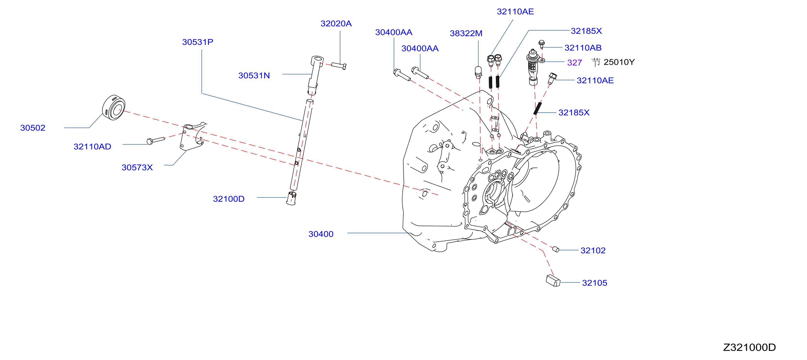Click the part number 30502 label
pyautogui.click(x=33, y=128)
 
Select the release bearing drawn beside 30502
pyautogui.click(x=114, y=107)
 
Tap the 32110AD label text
pyautogui.click(x=92, y=147)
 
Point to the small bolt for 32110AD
pyautogui.click(x=156, y=141)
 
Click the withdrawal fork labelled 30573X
pyautogui.click(x=193, y=136)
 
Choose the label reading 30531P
pyautogui.click(x=198, y=42)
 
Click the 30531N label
pyautogui.click(x=254, y=75)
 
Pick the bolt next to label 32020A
pyautogui.click(x=339, y=66)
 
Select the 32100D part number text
pyautogui.click(x=229, y=199)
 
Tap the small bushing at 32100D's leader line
pyautogui.click(x=291, y=198)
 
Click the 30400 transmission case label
pyautogui.click(x=321, y=234)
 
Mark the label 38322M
pyautogui.click(x=466, y=33)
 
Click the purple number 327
pyautogui.click(x=575, y=63)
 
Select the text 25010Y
pyautogui.click(x=619, y=62)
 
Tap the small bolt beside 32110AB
pyautogui.click(x=542, y=44)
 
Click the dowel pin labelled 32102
pyautogui.click(x=556, y=249)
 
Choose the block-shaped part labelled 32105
pyautogui.click(x=553, y=280)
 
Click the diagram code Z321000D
pyautogui.click(x=749, y=347)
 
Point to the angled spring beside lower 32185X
pyautogui.click(x=538, y=108)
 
